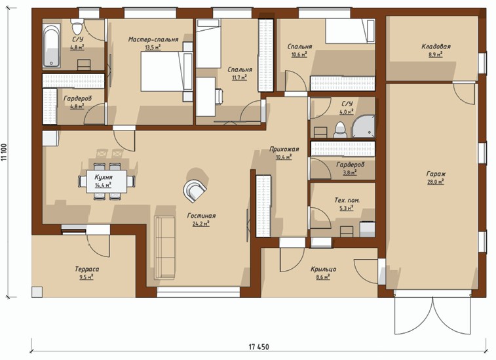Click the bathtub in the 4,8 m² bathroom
pyautogui.click(x=52, y=46)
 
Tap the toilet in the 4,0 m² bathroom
pyautogui.click(x=340, y=130)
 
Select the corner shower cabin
pyautogui.click(x=363, y=127)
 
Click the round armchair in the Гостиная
pyautogui.click(x=195, y=190)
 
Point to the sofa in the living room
pyautogui.click(x=164, y=248)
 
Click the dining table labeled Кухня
pyautogui.click(x=107, y=182)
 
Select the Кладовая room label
pyautogui.click(x=436, y=46)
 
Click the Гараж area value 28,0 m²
pyautogui.click(x=436, y=182)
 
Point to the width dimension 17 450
pyautogui.click(x=258, y=347)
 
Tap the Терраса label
pyautogui.click(x=87, y=269)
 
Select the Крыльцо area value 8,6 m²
pyautogui.click(x=323, y=277)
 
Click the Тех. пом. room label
pyautogui.click(x=347, y=200)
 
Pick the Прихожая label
pyautogui.click(x=284, y=149)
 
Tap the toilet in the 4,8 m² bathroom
pyautogui.click(x=77, y=26)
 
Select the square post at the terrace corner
pyautogui.click(x=37, y=292)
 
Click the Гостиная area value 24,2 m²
pyautogui.click(x=201, y=224)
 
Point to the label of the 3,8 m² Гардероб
pyautogui.click(x=350, y=165)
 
